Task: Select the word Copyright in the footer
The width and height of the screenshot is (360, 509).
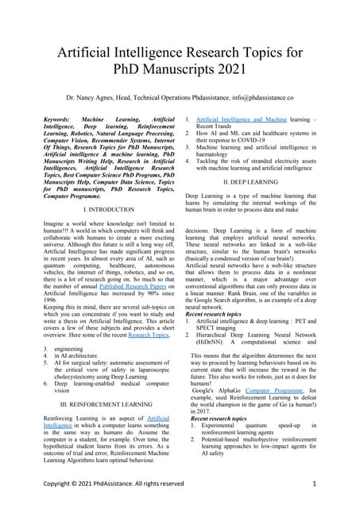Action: click(63, 484)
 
